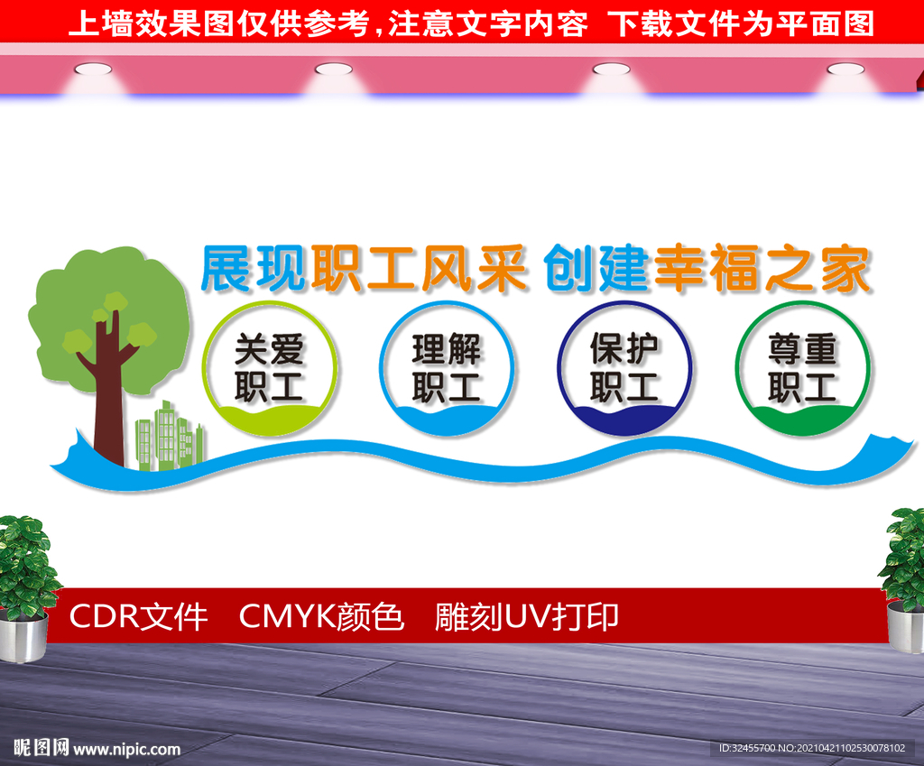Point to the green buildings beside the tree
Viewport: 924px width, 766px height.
coord(170,436)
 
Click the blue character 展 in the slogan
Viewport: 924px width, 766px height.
coord(226,269)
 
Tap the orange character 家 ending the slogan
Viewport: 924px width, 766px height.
coord(845,269)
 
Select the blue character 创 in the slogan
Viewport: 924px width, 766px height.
coord(568,269)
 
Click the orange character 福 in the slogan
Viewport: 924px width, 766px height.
coord(734,269)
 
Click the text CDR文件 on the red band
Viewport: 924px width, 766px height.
coord(138,617)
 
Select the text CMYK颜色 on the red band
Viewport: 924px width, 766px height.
coord(322,617)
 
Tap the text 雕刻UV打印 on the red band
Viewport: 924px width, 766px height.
coord(527,617)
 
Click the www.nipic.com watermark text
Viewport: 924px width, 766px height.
coord(126,749)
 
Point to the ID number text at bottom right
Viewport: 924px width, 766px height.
coord(812,748)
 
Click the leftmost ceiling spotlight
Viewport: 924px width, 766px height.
coord(93,69)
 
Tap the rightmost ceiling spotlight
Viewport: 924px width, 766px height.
coord(845,69)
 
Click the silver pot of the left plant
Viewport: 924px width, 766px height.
coord(23,636)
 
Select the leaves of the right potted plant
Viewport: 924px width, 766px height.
coord(902,554)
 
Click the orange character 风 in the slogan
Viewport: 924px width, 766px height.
coord(446,269)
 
